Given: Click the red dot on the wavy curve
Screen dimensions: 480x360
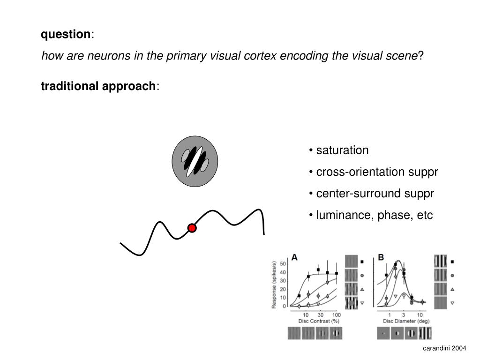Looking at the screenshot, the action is click(192, 228).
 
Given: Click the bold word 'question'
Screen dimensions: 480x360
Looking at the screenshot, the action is click(66, 34).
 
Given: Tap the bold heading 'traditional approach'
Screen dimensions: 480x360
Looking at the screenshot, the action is click(98, 86).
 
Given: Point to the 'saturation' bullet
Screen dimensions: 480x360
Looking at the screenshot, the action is click(342, 150).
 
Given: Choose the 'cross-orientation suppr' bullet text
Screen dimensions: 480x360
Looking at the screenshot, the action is click(377, 172).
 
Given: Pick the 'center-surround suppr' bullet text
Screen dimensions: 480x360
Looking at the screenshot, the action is click(375, 194).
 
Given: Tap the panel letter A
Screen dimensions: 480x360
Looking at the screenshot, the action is click(294, 257).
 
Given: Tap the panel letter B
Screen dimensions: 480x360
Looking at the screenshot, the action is click(381, 257).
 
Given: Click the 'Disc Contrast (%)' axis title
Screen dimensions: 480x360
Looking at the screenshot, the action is click(318, 321).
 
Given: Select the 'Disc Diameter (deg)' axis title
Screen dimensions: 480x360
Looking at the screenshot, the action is click(406, 321).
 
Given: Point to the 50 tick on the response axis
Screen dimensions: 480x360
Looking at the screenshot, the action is click(283, 264).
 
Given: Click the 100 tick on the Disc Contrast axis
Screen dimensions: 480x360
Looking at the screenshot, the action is click(336, 315).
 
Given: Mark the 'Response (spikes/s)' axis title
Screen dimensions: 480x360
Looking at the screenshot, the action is click(274, 285).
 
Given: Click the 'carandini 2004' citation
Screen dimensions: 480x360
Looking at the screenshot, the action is click(445, 348).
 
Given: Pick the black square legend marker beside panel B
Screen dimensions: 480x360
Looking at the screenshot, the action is click(452, 262).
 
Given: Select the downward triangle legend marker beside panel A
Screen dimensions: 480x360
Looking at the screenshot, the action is click(362, 303).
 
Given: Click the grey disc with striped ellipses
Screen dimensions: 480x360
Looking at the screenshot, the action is click(195, 161).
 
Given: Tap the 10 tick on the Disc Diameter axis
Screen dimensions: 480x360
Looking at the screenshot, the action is click(420, 315).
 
